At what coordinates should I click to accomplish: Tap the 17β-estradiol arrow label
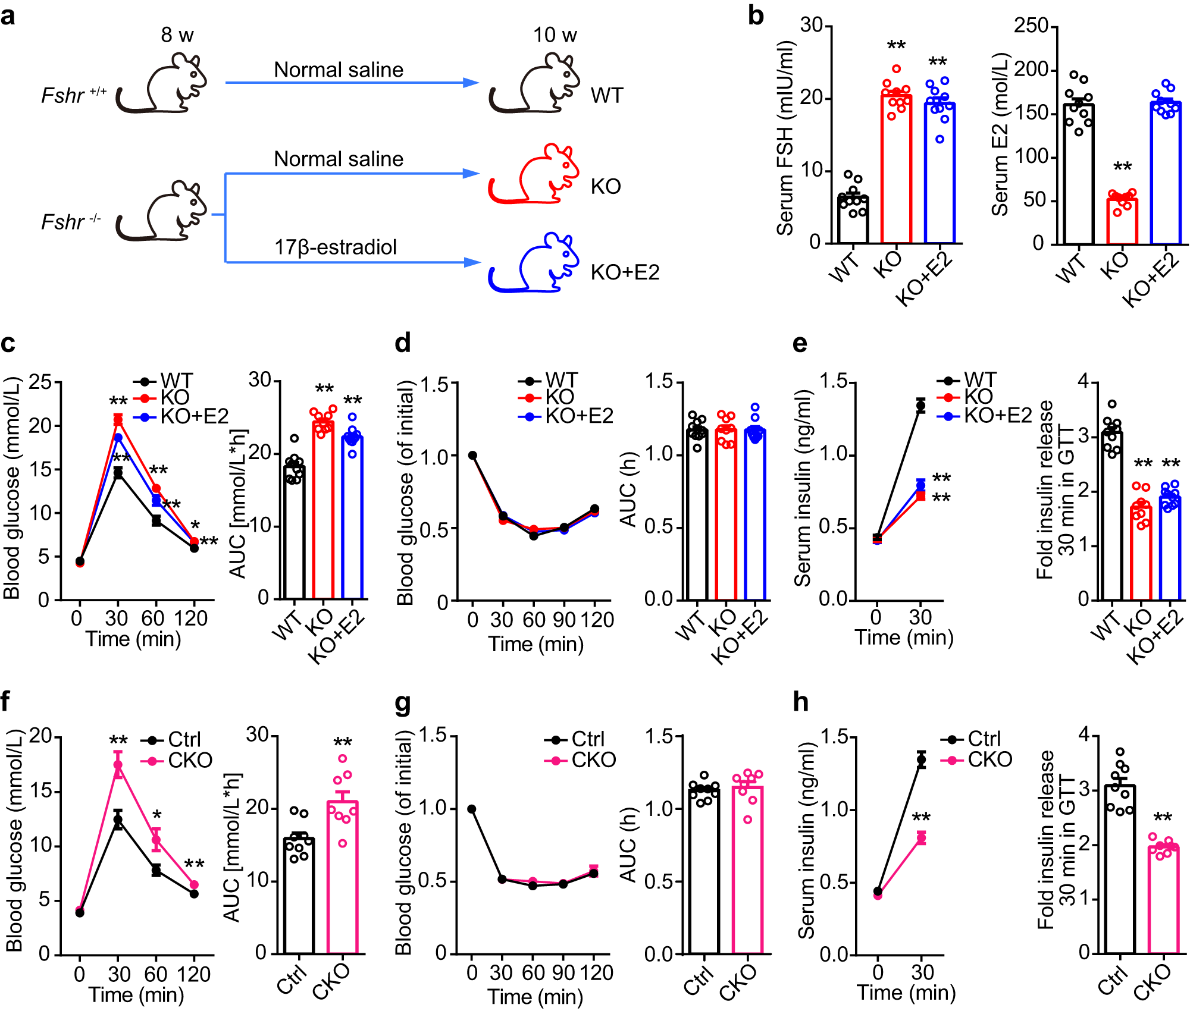tap(335, 247)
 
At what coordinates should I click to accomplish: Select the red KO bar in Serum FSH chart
tap(896, 169)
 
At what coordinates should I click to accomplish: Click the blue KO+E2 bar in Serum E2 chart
tap(1166, 172)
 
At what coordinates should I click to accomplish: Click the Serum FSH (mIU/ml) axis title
tap(786, 138)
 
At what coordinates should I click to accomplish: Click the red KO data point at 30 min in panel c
tap(118, 420)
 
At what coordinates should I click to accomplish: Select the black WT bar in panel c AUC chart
tap(294, 532)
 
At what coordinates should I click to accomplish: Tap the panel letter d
tap(403, 344)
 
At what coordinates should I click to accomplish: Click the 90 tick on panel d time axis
tap(563, 620)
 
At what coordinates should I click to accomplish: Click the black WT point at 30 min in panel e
tap(920, 407)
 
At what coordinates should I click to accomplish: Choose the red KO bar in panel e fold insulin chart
tap(1141, 553)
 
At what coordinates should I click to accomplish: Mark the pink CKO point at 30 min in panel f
tap(118, 765)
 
